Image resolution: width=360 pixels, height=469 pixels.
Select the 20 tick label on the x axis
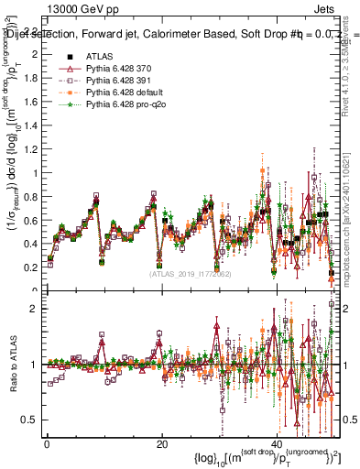pos(161,443)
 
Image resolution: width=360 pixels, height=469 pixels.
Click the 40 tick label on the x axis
pos(277,443)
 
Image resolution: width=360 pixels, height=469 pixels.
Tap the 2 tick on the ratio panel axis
pos(34,309)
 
